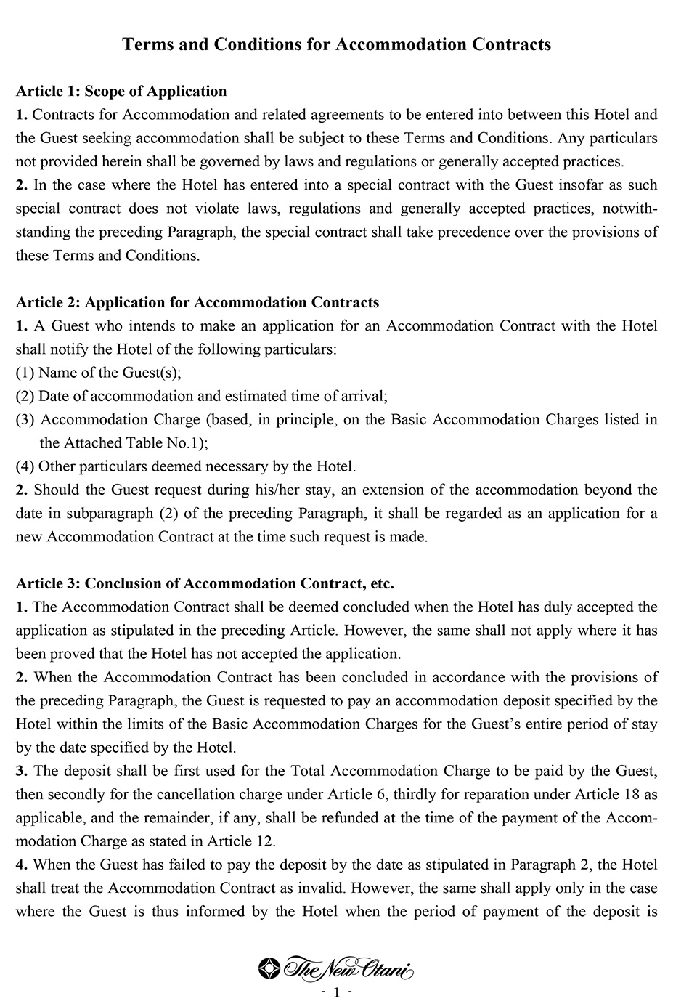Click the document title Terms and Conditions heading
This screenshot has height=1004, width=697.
tap(336, 44)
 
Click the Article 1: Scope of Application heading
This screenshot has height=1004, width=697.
tap(121, 91)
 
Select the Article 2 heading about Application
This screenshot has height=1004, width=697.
tap(197, 302)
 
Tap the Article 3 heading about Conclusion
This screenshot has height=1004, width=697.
tap(205, 583)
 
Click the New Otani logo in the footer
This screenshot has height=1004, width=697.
tap(336, 968)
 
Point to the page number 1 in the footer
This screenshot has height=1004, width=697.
tap(336, 992)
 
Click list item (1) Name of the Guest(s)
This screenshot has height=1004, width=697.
tap(99, 373)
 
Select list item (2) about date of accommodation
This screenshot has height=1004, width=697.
tap(202, 396)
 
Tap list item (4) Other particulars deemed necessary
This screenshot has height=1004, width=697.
tap(186, 466)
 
